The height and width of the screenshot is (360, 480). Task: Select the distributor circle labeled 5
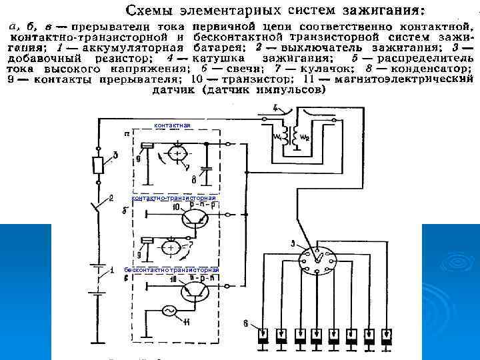[313, 257]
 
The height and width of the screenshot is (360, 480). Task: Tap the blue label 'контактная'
[172, 125]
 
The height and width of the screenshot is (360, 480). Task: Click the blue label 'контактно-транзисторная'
[174, 198]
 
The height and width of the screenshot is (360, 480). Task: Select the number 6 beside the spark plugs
[246, 324]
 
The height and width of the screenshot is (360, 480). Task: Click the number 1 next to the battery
[112, 269]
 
